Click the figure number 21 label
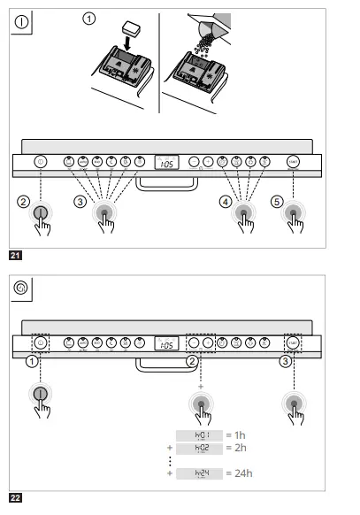pos(15,256)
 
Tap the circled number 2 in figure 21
pos(23,202)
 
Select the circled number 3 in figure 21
pos(80,203)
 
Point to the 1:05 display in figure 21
pos(165,162)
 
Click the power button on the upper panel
pos(39,162)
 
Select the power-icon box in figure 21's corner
pos(20,23)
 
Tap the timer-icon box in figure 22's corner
pos(20,288)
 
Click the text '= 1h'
pos(236,435)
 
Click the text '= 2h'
pos(236,448)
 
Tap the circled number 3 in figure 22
pos(284,360)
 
